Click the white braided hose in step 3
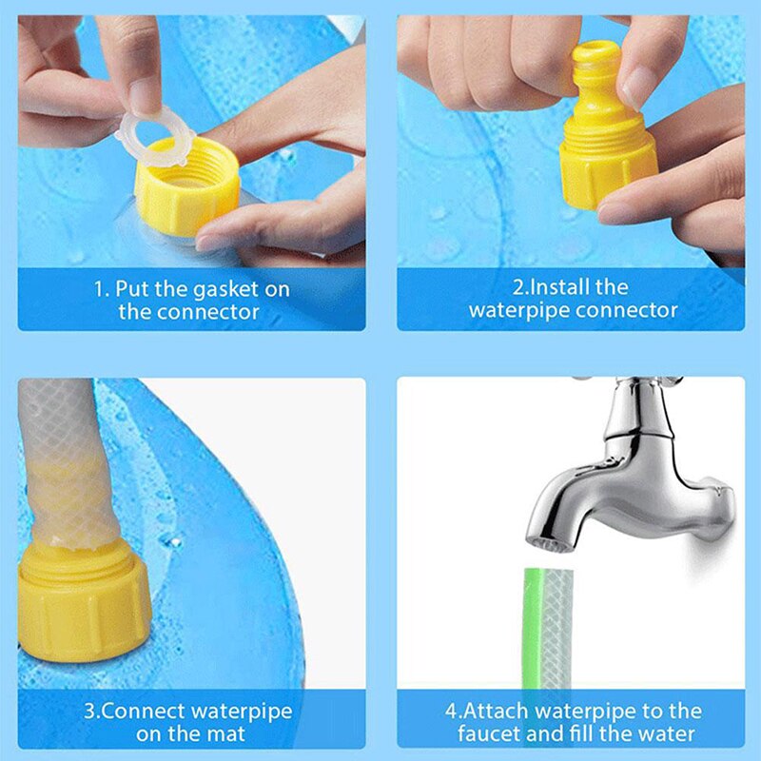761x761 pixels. pos(61,457)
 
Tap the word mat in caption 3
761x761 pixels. pos(225,733)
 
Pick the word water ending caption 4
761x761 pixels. pos(667,733)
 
